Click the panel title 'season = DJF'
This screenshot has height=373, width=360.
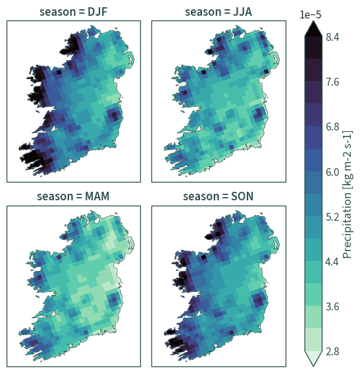[74, 12]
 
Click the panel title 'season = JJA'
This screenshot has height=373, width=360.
[219, 12]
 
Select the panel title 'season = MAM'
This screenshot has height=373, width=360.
[73, 196]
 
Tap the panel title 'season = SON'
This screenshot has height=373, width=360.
[218, 196]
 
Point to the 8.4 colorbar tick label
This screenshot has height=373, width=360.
[332, 38]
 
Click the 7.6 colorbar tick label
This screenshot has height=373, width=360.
[332, 82]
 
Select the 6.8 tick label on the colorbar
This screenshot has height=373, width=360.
[332, 127]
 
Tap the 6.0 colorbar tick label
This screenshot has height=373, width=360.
[332, 172]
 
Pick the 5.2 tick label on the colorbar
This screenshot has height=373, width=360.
[332, 217]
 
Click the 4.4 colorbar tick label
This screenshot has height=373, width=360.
[332, 262]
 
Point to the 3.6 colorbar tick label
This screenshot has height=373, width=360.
[332, 306]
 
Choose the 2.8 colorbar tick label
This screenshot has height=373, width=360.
[332, 351]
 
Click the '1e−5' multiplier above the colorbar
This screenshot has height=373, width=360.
[311, 14]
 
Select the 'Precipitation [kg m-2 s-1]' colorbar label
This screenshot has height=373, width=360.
[348, 194]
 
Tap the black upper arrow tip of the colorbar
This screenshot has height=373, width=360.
[313, 21]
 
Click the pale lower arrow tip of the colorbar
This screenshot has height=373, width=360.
[313, 365]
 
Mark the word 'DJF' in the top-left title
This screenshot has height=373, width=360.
[97, 12]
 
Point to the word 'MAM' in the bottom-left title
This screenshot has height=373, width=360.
[97, 196]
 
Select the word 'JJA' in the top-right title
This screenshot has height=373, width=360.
[242, 12]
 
